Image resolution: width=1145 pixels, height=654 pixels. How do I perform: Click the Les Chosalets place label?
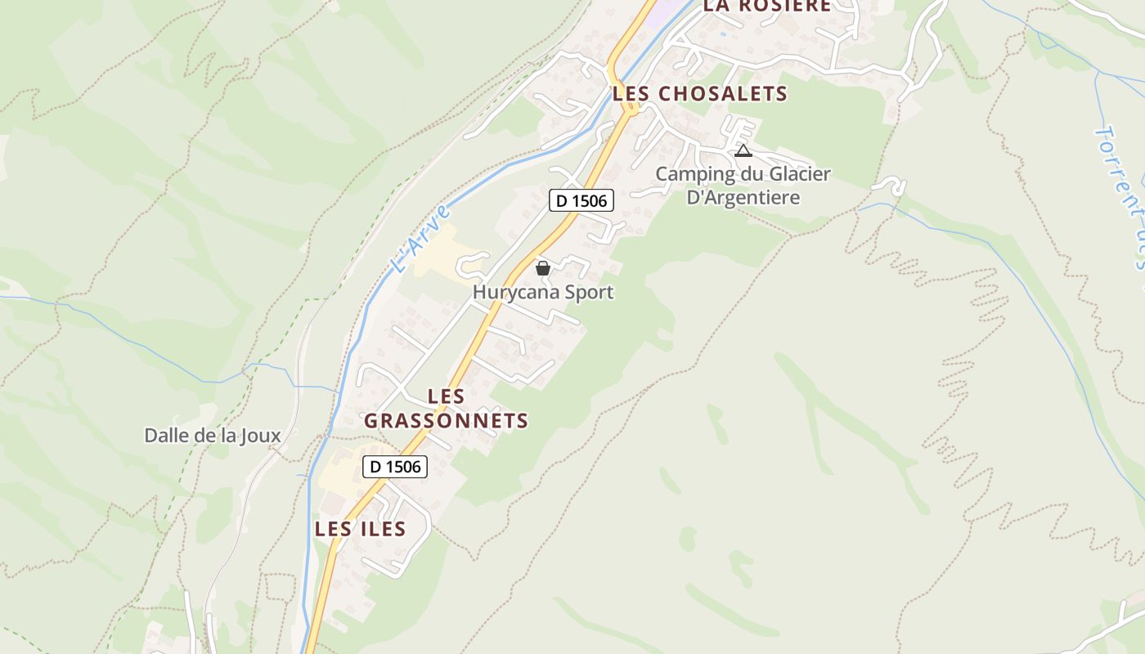(700, 93)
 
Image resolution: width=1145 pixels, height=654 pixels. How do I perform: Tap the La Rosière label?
(767, 6)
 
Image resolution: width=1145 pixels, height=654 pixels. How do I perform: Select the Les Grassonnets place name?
(446, 409)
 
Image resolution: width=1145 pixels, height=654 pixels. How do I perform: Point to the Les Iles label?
(361, 529)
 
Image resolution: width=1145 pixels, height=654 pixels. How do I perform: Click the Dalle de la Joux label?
(213, 436)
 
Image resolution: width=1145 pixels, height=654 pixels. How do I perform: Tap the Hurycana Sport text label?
(543, 292)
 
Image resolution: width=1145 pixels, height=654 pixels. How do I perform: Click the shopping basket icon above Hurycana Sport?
(542, 267)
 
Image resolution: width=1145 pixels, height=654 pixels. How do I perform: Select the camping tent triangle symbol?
(743, 150)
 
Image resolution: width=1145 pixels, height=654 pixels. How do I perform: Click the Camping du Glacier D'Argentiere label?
(743, 186)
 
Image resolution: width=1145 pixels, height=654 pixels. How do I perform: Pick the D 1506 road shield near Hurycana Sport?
(581, 200)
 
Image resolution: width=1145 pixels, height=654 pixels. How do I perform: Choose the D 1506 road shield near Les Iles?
(395, 467)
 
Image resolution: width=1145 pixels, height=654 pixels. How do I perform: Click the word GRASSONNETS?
(446, 421)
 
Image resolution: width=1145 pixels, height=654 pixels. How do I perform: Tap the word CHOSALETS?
(723, 93)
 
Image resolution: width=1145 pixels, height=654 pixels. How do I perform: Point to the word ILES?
(383, 529)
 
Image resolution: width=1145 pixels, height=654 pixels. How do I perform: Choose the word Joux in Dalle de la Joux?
(261, 436)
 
